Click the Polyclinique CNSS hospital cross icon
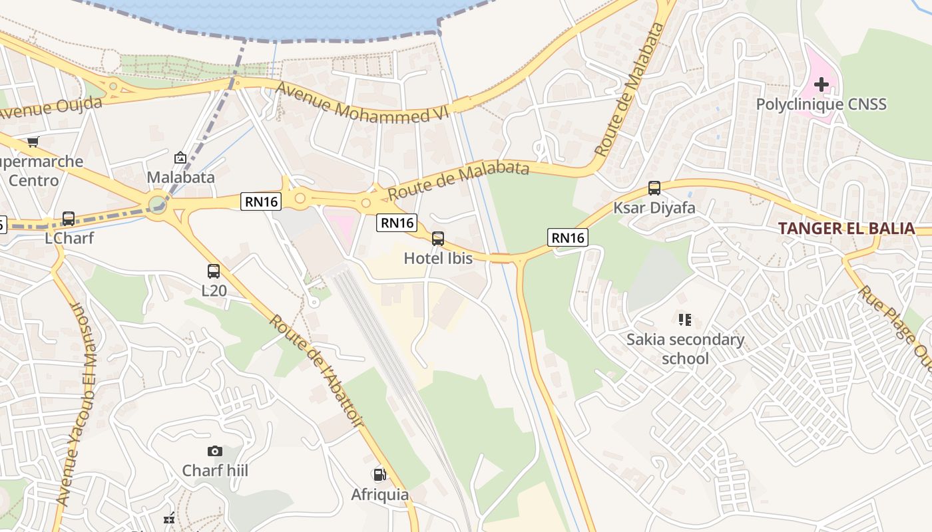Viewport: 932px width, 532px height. coord(821,84)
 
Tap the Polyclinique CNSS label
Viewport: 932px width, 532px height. coord(821,104)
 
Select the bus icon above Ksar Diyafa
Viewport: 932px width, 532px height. coord(654,188)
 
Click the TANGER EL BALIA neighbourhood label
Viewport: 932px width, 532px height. coord(846,228)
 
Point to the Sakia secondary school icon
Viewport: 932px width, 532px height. coord(685,320)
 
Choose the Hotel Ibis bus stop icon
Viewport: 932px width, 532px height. coord(438,239)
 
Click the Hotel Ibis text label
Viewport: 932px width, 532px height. coord(438,258)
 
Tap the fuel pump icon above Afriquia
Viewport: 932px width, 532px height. coord(379,475)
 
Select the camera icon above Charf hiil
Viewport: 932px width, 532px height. coord(214,451)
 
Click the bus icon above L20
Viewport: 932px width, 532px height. coord(214,271)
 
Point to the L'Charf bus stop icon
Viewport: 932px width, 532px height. coord(69,218)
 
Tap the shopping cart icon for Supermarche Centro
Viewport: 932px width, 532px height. coord(33,141)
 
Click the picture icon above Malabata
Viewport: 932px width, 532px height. coord(180,158)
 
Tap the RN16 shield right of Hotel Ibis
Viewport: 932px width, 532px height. coord(568,237)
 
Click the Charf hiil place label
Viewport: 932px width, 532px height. coord(215,471)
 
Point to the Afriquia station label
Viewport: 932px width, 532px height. coord(380,495)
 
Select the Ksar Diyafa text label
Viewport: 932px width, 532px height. coord(654,207)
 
